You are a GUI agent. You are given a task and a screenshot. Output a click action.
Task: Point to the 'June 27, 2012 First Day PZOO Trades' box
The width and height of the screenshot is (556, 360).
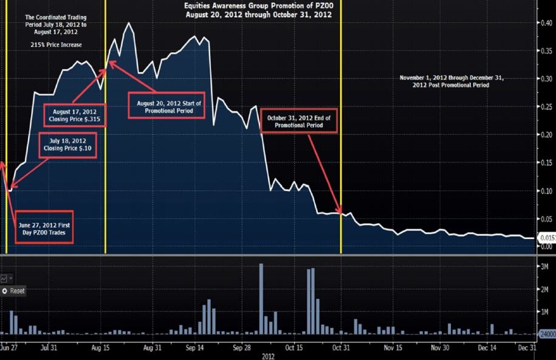[44, 229]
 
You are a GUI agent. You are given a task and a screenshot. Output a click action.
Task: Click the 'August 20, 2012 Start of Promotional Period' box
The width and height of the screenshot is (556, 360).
[165, 106]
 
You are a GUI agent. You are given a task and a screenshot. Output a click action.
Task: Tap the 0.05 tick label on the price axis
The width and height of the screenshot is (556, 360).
[546, 219]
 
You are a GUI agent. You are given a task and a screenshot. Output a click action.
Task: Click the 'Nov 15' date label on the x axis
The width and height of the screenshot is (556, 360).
[393, 348]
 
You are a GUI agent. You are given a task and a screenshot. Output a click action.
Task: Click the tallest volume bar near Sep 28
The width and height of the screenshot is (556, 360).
[261, 298]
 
